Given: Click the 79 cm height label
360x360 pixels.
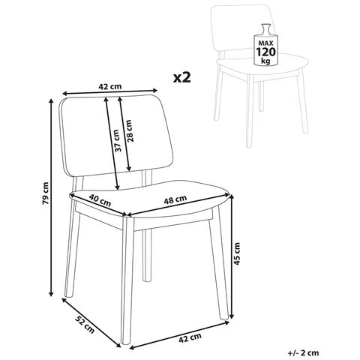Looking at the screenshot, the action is [x=45, y=193].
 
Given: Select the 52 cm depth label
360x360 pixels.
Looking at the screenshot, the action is [x=85, y=325].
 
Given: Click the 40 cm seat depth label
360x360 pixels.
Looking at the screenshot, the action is [x=100, y=201].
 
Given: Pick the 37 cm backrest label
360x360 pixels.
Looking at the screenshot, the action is [x=117, y=140].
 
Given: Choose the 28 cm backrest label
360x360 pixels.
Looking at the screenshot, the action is [x=129, y=130].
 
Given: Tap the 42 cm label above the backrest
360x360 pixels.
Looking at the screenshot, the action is [x=110, y=86].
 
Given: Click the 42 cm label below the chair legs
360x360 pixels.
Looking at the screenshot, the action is [x=190, y=338].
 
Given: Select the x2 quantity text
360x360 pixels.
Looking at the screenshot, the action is [x=182, y=78].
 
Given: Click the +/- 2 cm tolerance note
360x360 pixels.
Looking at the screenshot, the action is [x=303, y=353].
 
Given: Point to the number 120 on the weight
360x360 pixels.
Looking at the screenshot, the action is [x=265, y=52].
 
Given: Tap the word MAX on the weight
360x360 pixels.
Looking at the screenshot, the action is [x=265, y=43].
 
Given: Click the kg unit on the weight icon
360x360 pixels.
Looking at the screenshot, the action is [x=265, y=61].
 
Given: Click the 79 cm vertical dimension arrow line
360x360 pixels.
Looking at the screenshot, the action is [x=52, y=197].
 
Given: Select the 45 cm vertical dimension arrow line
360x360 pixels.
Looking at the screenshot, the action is [x=232, y=256].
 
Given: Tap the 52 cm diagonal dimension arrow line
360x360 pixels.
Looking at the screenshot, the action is [x=91, y=323].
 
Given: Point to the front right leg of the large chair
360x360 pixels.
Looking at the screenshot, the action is [x=218, y=262].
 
